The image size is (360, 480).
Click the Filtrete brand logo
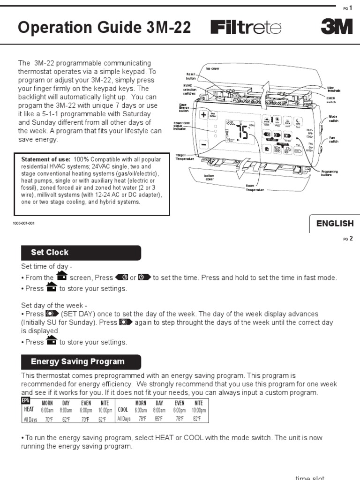[x=247, y=28]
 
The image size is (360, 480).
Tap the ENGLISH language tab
[x=335, y=224]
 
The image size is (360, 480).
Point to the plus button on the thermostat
[x=204, y=115]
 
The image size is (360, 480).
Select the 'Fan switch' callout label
[x=333, y=139]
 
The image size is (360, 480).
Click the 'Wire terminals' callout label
[x=334, y=89]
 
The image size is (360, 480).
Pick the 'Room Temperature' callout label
[x=255, y=187]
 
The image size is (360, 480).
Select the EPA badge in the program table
[x=25, y=400]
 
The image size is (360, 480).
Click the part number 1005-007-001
[x=23, y=223]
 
